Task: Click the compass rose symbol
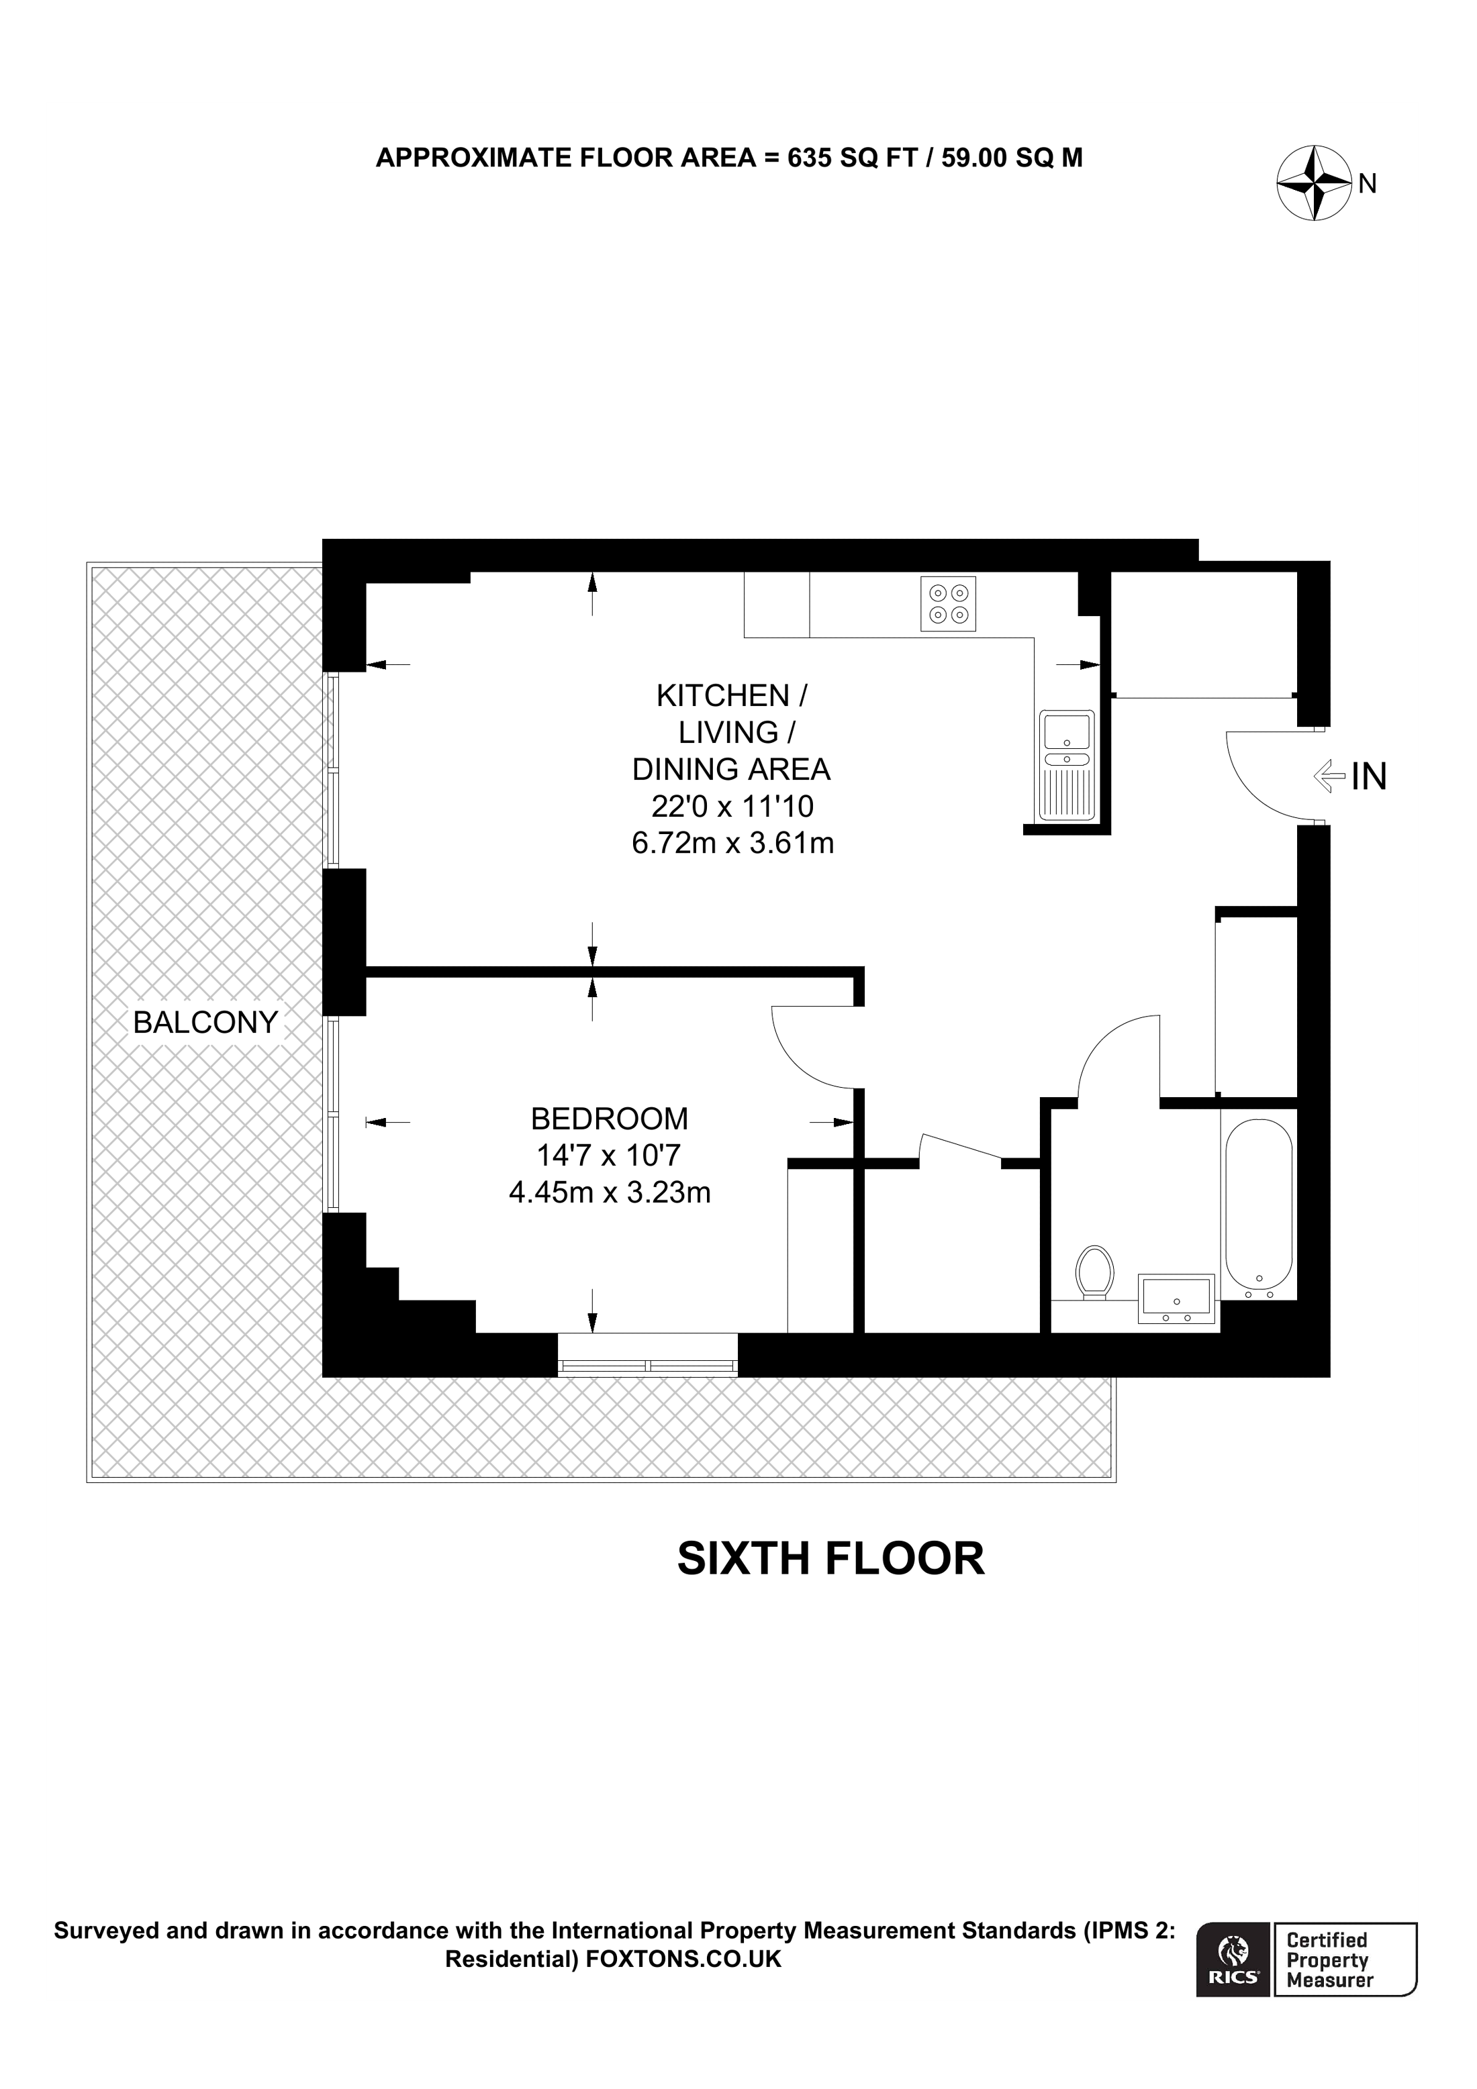coord(1313,183)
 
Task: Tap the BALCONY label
coord(205,1023)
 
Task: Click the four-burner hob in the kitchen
coord(948,604)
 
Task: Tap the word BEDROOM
coord(609,1118)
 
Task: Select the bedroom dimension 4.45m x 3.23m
coord(609,1192)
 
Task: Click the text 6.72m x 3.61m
coord(732,844)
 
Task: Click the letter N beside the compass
coord(1367,184)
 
